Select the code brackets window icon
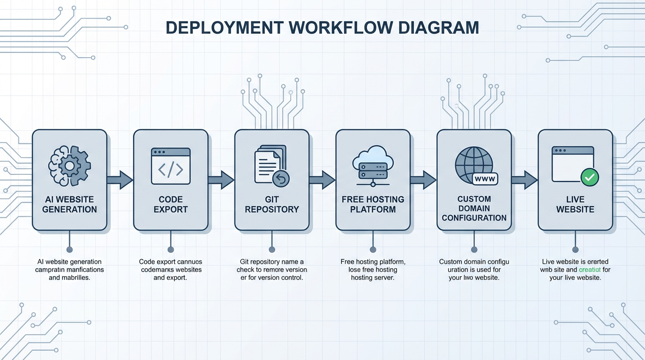(171, 166)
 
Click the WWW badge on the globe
(485, 179)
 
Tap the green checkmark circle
(589, 177)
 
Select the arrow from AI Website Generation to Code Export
(120, 180)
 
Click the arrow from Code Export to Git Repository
(221, 180)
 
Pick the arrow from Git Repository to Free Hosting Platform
(322, 180)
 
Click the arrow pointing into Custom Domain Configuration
(423, 180)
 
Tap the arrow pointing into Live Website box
(525, 180)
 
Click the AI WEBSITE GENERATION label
(69, 204)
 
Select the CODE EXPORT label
(171, 204)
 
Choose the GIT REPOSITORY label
(272, 204)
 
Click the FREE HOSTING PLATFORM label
(373, 204)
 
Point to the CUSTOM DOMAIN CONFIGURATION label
(474, 209)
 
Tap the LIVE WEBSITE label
(575, 204)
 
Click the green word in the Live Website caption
(590, 270)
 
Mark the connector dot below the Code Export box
(171, 249)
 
